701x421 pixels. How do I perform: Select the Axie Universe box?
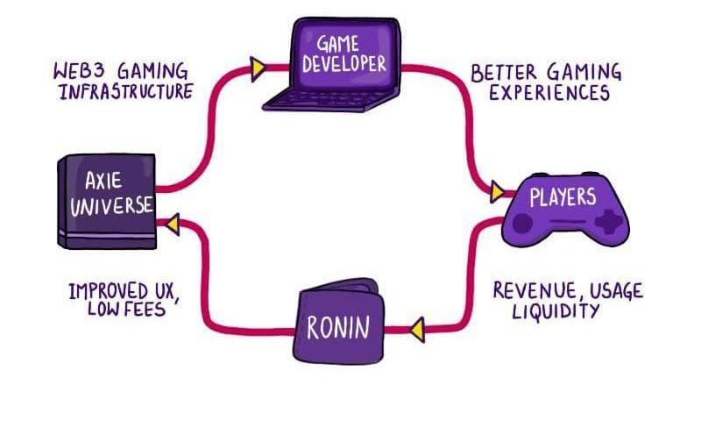click(x=108, y=200)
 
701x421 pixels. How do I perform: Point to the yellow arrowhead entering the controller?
click(x=497, y=191)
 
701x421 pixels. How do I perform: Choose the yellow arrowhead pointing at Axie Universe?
click(x=170, y=225)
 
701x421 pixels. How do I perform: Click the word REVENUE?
click(x=529, y=290)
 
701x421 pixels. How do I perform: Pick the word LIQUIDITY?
click(x=556, y=311)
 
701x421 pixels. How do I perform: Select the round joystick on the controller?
click(x=523, y=224)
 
